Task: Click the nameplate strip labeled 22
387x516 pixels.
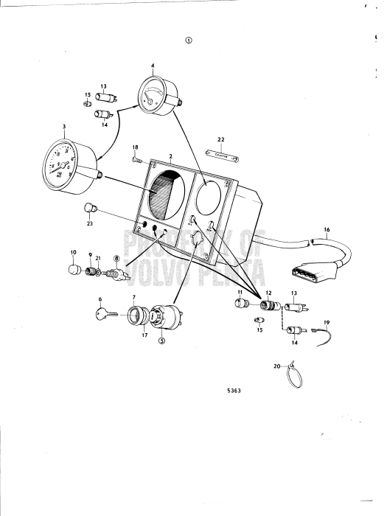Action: point(220,154)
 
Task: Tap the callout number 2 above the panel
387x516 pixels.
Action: point(170,156)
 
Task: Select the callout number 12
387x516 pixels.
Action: point(268,293)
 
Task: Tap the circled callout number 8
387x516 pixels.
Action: point(116,258)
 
